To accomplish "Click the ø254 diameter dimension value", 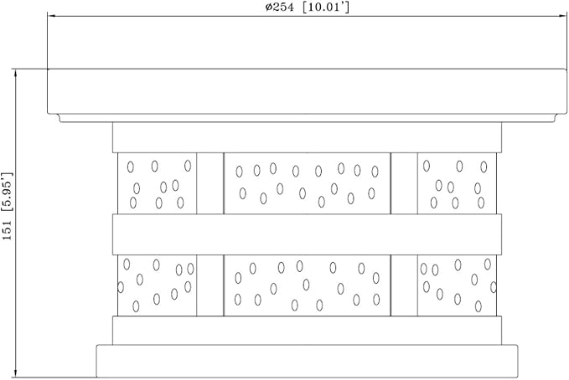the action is [279, 8].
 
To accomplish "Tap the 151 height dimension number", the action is [8, 230].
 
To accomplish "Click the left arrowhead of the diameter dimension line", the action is [52, 16].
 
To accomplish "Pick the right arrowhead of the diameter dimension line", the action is [562, 16].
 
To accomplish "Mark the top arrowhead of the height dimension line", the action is [16, 74].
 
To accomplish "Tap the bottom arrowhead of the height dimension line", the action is [16, 372].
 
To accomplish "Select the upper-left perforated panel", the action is [158, 183].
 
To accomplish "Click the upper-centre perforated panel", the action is [307, 183].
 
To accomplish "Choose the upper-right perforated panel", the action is [457, 183].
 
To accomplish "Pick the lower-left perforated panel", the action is [158, 285].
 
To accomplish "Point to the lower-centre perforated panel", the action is [307, 285].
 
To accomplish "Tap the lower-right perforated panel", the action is [457, 285].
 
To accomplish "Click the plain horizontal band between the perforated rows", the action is [307, 234].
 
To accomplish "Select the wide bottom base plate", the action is [307, 361].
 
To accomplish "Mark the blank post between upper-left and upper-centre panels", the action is [210, 183].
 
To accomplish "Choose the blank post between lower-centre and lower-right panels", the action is [404, 285].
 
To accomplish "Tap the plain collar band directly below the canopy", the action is [307, 137].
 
